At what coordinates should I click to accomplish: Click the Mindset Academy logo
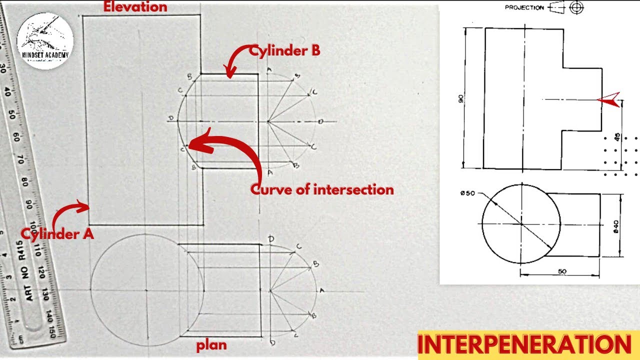point(45,40)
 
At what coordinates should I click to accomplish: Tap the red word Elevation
point(135,7)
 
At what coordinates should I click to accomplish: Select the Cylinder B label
point(284,50)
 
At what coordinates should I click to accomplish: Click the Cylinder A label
point(57,233)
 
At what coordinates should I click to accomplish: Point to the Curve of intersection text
point(322,189)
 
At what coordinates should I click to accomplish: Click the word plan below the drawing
point(211,345)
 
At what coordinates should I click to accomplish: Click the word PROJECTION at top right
point(524,7)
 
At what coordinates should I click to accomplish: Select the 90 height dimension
point(461,98)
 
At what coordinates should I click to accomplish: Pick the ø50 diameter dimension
point(468,193)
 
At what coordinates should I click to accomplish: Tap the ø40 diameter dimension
point(616,226)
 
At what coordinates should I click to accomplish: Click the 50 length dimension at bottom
point(562,271)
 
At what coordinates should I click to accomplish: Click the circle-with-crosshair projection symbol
point(577,7)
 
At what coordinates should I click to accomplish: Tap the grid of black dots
point(620,156)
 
